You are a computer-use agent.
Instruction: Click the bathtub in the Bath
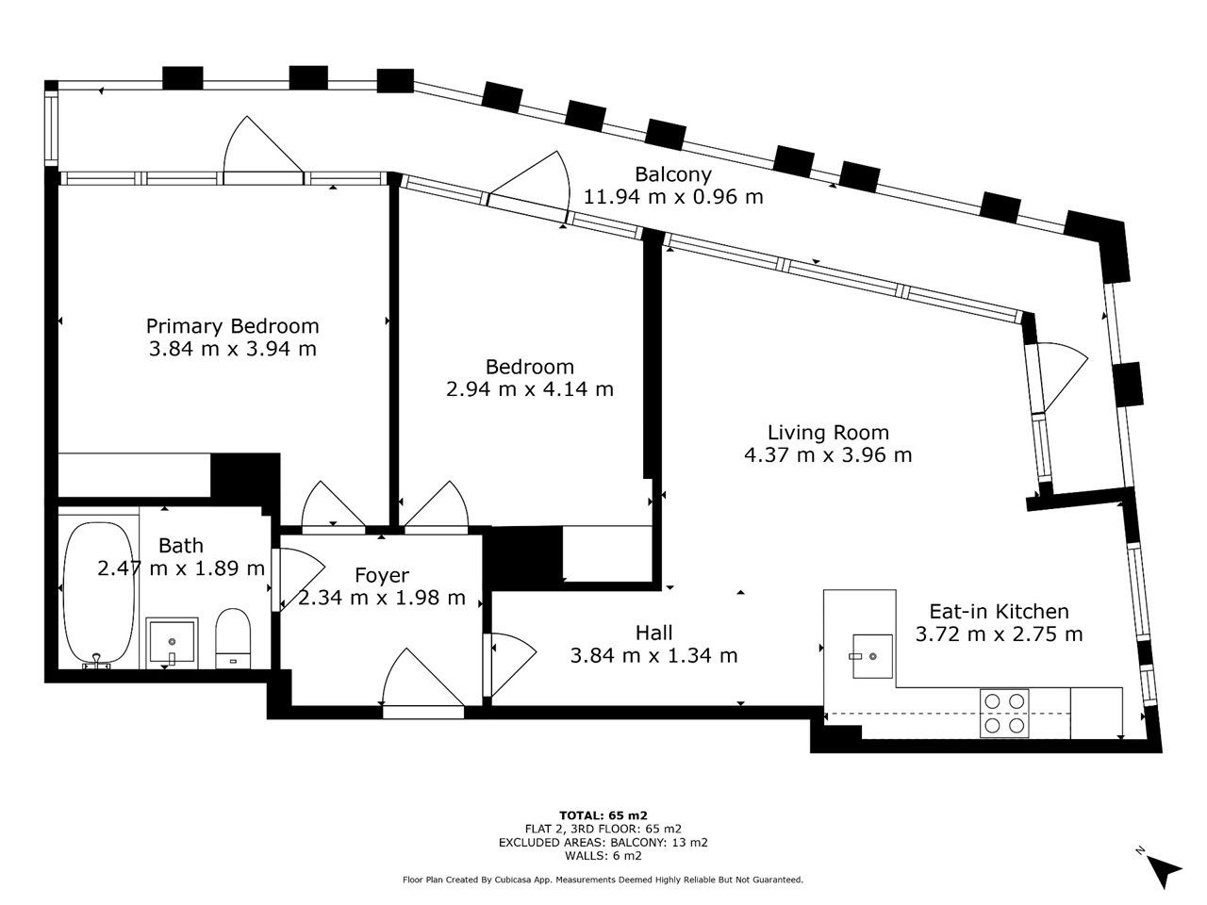click(99, 595)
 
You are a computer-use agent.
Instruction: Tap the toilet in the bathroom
click(233, 638)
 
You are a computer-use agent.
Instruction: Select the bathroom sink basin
click(172, 641)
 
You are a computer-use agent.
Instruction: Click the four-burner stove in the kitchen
click(1004, 713)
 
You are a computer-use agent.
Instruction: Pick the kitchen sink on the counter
click(872, 656)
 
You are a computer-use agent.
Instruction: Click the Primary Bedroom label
click(232, 326)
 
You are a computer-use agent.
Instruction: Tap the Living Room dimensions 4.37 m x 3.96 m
click(828, 455)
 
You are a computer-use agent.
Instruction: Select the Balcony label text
click(673, 174)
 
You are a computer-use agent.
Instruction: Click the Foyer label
click(382, 575)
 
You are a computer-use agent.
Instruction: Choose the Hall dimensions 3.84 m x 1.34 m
click(653, 655)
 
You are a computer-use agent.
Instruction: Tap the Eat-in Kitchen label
click(999, 611)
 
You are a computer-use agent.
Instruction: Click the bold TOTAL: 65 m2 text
click(603, 814)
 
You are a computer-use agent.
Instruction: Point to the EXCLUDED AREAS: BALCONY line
click(603, 843)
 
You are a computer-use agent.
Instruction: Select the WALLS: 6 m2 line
click(603, 856)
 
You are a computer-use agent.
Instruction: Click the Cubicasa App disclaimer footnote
click(603, 880)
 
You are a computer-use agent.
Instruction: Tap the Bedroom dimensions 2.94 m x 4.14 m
click(530, 389)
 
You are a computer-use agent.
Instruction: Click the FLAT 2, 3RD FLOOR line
click(603, 829)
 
